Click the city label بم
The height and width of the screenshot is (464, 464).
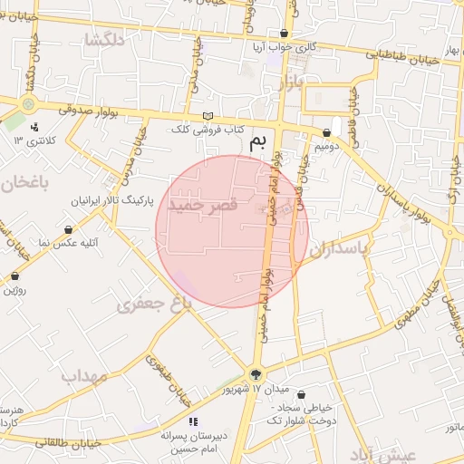pos(260,143)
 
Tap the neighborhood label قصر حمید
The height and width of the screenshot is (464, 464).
pos(206,205)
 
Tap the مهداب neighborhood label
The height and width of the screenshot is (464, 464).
pos(84,375)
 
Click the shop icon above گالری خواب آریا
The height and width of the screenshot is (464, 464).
pos(284,33)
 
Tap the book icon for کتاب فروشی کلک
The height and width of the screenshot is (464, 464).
pos(209,117)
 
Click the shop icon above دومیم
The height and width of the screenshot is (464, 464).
pos(325,132)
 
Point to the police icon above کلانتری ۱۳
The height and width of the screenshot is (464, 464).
pos(34,127)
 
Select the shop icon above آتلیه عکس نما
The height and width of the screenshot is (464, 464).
pos(70,230)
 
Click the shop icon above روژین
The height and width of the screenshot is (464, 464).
pos(14,275)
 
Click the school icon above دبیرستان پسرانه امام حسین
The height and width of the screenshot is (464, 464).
pos(192,421)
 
